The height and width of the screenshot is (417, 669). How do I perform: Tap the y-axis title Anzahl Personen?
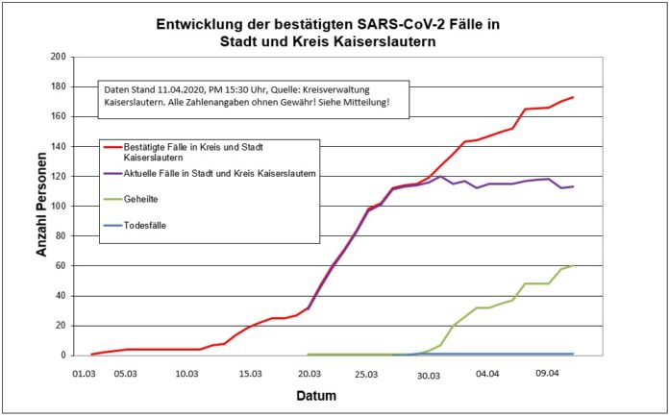[x=42, y=205]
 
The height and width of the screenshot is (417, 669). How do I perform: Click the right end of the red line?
[x=573, y=97]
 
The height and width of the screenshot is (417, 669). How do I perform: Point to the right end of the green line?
[x=573, y=266]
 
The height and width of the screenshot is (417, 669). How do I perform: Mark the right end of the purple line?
[x=573, y=186]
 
